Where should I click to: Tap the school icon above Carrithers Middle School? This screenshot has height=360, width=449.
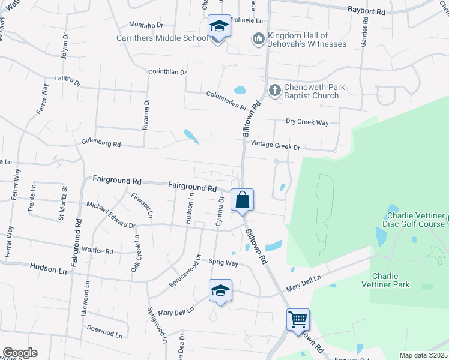pos(219,27)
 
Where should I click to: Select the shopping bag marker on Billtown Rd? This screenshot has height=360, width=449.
pos(242,200)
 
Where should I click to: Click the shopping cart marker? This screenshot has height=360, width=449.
pos(298,319)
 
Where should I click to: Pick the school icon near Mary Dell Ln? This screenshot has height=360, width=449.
pos(220,291)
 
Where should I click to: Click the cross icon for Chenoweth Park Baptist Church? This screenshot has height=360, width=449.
pos(274,91)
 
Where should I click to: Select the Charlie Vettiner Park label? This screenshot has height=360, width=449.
pos(391,280)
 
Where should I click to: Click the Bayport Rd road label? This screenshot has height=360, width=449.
pos(366,11)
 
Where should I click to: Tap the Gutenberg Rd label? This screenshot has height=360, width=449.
pos(101,144)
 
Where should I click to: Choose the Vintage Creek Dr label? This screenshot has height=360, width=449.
pos(275,145)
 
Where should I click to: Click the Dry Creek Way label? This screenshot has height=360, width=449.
pos(307,122)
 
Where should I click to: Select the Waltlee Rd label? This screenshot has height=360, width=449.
pos(97,250)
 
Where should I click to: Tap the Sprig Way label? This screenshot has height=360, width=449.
pos(223,263)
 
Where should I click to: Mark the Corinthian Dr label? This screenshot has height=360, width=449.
pos(167,72)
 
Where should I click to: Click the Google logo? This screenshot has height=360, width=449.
pos(20,353)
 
